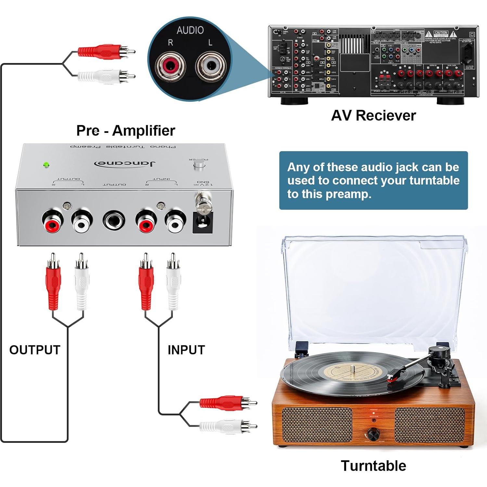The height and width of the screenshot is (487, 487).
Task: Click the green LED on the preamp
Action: pos(46,165)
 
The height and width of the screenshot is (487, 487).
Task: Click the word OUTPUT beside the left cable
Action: pos(35,350)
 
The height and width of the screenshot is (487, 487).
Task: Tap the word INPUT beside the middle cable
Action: pos(186,350)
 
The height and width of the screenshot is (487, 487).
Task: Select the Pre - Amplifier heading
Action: pos(125,131)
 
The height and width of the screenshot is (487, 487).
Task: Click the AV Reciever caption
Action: pos(373,116)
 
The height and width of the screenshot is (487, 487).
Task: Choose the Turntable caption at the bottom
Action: pos(373,466)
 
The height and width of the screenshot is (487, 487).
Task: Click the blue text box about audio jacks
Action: pos(373,180)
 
